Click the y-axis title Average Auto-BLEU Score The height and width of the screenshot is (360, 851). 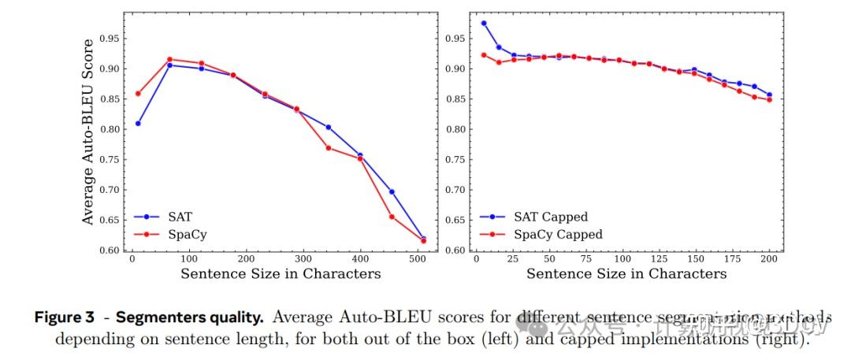click(x=88, y=132)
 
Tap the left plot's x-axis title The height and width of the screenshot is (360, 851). click(x=281, y=274)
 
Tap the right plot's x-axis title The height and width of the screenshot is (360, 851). click(x=626, y=274)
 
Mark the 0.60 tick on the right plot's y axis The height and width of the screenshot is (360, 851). click(x=455, y=251)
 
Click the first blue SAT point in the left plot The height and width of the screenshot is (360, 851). click(x=139, y=124)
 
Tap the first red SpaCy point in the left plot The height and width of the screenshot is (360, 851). click(x=139, y=94)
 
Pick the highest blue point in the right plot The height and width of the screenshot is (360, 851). click(x=484, y=24)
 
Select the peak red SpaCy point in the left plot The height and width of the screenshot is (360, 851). click(x=170, y=59)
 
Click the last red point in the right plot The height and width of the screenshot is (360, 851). click(x=769, y=100)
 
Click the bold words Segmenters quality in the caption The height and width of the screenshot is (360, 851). click(x=189, y=317)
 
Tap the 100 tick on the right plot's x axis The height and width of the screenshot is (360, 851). click(x=622, y=258)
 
